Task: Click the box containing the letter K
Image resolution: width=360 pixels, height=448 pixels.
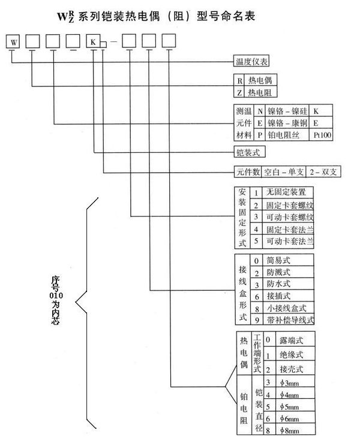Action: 92,42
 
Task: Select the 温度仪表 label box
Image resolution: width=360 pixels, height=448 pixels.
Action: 251,61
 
